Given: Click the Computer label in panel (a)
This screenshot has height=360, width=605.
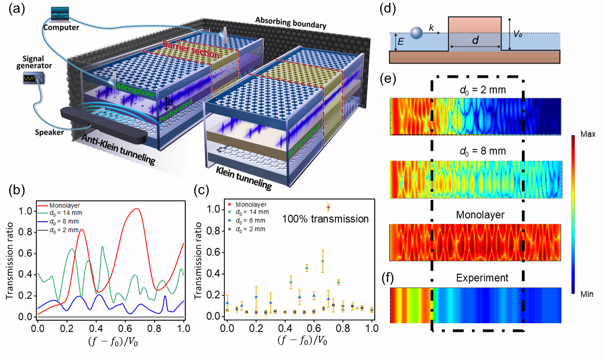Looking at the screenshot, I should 61,27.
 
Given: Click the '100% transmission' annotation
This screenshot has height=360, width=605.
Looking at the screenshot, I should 325,219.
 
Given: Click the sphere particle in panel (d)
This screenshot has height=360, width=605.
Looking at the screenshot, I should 417,33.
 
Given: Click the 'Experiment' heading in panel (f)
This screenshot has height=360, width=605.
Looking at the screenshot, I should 476,277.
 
